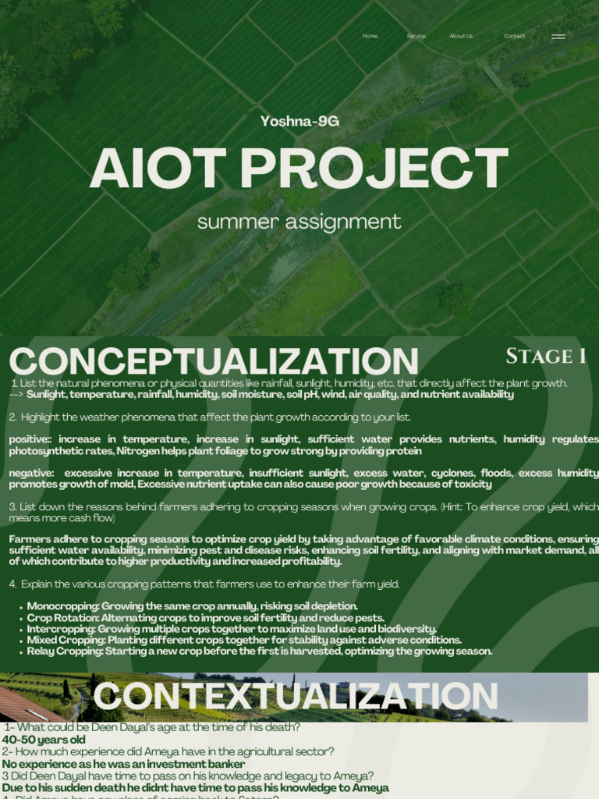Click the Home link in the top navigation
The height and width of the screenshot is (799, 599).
(370, 36)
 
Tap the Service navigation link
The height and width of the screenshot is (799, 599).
(416, 36)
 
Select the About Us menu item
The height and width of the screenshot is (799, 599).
(461, 36)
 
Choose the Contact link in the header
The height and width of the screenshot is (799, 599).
(515, 36)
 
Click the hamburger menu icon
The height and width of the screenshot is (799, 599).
(558, 37)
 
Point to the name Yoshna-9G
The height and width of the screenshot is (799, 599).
(299, 121)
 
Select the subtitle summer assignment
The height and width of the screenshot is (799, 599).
(299, 222)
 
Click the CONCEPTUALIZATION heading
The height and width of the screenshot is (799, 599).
(214, 361)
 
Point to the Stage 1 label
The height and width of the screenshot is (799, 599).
(546, 357)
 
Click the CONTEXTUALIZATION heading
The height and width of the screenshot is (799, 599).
(295, 697)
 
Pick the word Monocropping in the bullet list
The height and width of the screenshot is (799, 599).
(62, 606)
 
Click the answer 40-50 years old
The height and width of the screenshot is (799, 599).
(44, 740)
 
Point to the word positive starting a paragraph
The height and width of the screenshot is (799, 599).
(29, 439)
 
